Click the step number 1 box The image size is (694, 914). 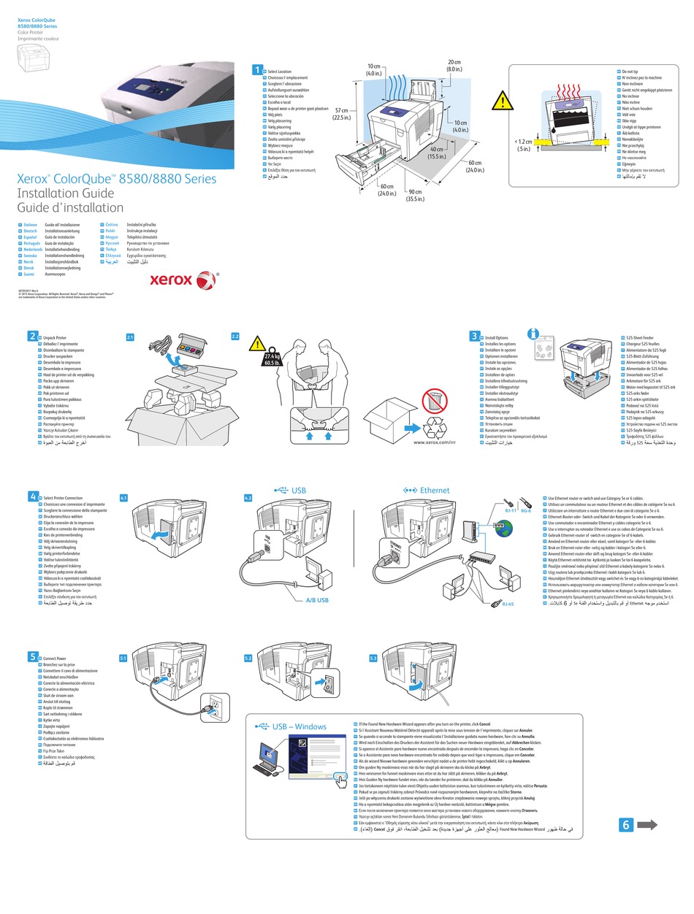[x=256, y=69]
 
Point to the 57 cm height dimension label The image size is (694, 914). [x=341, y=112]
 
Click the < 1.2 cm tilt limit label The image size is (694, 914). [x=522, y=145]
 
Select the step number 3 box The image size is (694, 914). [x=475, y=336]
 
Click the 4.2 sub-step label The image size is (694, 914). [x=248, y=498]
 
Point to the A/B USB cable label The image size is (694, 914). [x=317, y=600]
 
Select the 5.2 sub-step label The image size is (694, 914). [x=248, y=658]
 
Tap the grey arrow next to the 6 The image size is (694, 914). [x=647, y=824]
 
